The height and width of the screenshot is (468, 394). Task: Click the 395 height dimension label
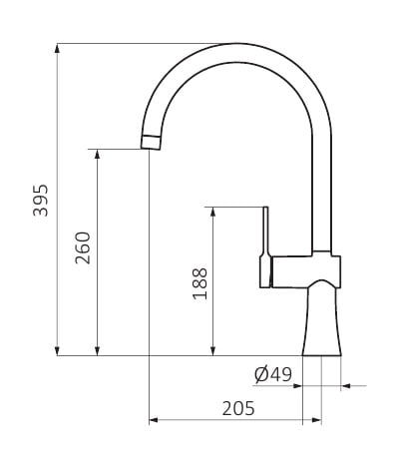pyautogui.click(x=41, y=200)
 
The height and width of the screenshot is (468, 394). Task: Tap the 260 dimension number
pyautogui.click(x=83, y=247)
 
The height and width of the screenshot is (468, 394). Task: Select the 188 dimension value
pyautogui.click(x=199, y=283)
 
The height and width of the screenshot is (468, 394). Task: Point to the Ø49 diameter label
pyautogui.click(x=273, y=374)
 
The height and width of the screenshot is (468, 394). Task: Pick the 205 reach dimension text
pyautogui.click(x=238, y=408)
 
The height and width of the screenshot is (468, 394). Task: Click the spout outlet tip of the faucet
pyautogui.click(x=151, y=142)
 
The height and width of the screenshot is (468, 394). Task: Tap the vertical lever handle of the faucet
pyautogui.click(x=265, y=246)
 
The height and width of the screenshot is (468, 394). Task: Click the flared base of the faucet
pyautogui.click(x=322, y=319)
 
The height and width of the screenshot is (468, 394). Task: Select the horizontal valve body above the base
pyautogui.click(x=306, y=271)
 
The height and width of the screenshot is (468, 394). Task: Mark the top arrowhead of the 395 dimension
pyautogui.click(x=57, y=48)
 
